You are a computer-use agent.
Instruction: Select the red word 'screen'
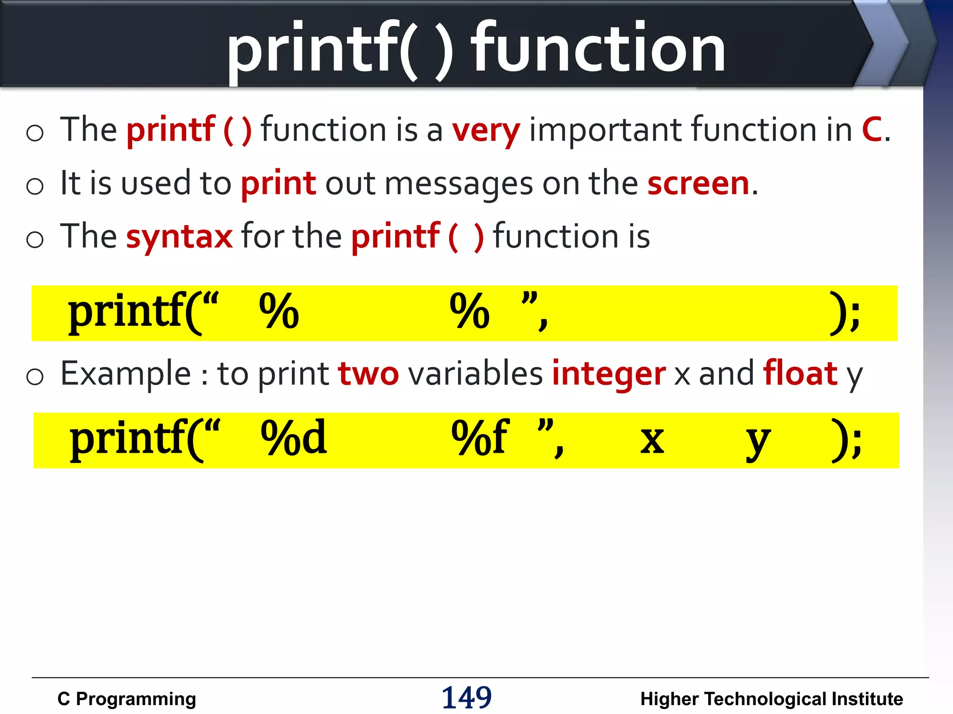tap(698, 183)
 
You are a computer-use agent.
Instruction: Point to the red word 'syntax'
tap(179, 237)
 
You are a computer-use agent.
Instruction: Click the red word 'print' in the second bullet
tap(278, 183)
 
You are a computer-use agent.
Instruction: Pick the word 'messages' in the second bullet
tap(459, 184)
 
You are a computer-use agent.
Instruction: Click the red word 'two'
tap(369, 374)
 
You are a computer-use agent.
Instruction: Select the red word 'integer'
tap(609, 374)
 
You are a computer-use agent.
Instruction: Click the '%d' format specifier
tap(294, 437)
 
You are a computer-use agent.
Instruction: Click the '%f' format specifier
tap(480, 437)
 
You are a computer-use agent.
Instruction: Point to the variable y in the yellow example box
tap(758, 441)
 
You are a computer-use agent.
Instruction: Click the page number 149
tap(466, 698)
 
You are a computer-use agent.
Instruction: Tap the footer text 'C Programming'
tap(127, 699)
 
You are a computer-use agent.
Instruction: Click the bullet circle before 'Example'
tap(35, 376)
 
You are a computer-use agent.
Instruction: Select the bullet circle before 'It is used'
tap(35, 186)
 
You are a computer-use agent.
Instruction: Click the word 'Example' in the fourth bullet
tap(126, 374)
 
